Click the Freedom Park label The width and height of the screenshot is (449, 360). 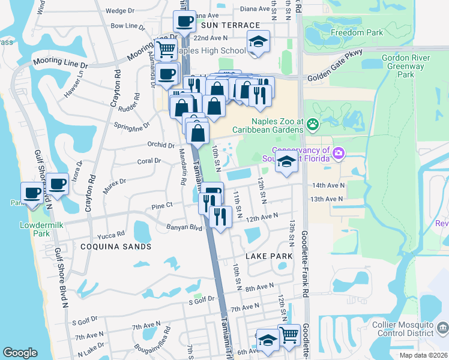[x=358, y=32]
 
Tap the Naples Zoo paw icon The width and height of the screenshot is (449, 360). [x=312, y=124]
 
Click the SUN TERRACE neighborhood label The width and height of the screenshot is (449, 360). [x=231, y=25]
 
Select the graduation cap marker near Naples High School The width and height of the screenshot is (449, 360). [x=258, y=42]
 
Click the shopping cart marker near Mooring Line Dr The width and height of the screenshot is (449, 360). [x=166, y=50]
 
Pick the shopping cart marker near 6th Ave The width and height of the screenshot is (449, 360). [x=289, y=334]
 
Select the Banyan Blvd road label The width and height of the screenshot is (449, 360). [x=185, y=227]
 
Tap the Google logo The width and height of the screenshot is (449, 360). [x=20, y=353]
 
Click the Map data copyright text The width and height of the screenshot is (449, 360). [x=423, y=355]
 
